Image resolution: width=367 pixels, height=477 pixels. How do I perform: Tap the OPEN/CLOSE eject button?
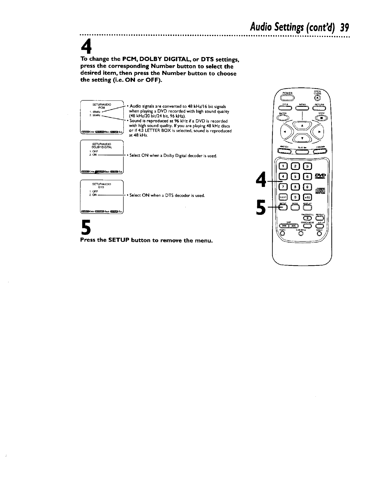317,98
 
